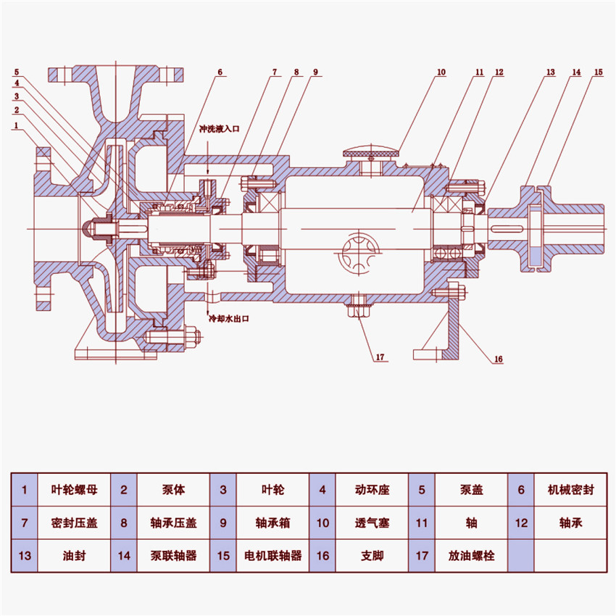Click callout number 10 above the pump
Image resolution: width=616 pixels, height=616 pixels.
(x=441, y=72)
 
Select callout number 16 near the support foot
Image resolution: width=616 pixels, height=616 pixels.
(x=499, y=358)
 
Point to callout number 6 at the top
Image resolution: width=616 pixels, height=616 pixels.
(x=220, y=72)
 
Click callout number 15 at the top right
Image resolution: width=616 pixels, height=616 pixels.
(x=598, y=72)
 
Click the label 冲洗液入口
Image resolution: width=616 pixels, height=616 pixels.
(x=219, y=128)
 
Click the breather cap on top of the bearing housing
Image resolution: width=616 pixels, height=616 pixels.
(x=370, y=154)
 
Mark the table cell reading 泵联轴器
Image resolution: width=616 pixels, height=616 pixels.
(x=174, y=556)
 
